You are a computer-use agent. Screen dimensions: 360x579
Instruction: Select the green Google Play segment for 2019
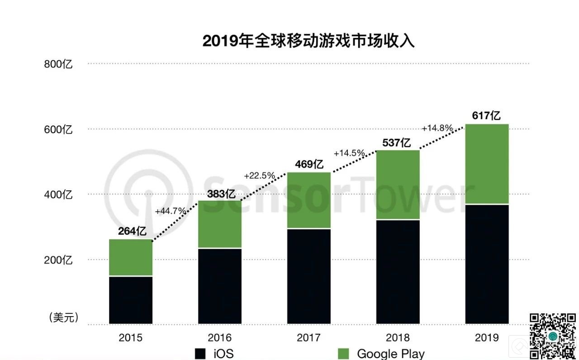[x=487, y=164]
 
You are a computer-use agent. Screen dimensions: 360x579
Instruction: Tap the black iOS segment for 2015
[x=131, y=300]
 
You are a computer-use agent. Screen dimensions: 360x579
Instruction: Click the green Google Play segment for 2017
[x=309, y=200]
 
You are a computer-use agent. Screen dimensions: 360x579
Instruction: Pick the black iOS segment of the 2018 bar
[x=398, y=272]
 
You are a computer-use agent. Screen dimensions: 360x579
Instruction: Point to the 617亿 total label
[x=487, y=116]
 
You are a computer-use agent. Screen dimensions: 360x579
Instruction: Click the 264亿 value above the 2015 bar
[x=132, y=232]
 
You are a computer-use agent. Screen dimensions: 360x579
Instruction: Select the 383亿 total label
[x=221, y=194]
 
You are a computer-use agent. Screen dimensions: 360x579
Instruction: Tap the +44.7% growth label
[x=170, y=211]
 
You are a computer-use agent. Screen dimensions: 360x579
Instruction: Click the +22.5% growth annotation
[x=259, y=175]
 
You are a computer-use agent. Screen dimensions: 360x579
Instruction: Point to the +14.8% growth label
[x=437, y=128]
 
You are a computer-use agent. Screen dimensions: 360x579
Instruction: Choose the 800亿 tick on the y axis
[x=58, y=64]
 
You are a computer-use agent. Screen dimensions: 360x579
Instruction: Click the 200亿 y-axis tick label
[x=58, y=260]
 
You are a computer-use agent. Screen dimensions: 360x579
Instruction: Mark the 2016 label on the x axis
[x=220, y=338]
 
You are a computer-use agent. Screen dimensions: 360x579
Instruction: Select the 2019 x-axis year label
[x=487, y=338]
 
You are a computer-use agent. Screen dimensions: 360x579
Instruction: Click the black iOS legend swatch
[x=200, y=353]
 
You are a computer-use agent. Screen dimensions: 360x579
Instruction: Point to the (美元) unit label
[x=64, y=317]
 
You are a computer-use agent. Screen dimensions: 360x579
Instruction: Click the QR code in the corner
[x=553, y=336]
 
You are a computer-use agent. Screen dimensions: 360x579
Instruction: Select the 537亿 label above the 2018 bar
[x=397, y=143]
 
